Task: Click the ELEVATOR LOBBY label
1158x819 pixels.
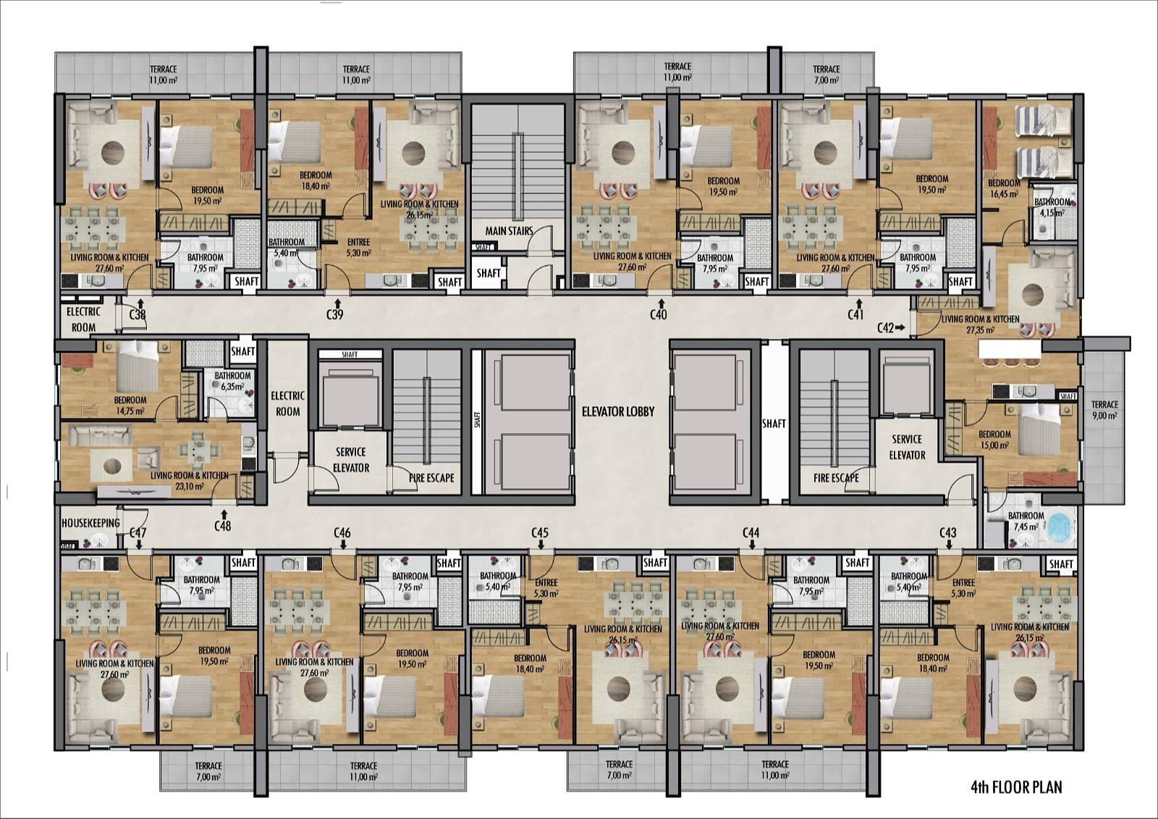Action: click(x=618, y=412)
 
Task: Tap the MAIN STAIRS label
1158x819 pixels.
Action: click(x=509, y=231)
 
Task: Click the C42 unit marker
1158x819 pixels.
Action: click(x=885, y=327)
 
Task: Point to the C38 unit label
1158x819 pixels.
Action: click(x=137, y=314)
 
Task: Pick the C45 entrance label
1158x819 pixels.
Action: click(x=540, y=533)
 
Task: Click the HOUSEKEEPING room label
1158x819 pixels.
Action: click(x=90, y=523)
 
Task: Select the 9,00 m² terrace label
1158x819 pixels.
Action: click(x=1104, y=410)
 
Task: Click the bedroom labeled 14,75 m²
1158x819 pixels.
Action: click(x=130, y=406)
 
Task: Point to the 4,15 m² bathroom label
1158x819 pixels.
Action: click(x=1052, y=207)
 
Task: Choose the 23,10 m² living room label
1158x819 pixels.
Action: click(x=189, y=481)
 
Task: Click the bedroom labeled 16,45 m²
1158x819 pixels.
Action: click(x=1004, y=188)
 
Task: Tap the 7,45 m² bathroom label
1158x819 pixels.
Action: click(x=1026, y=521)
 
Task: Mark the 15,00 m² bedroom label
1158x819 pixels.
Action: click(x=994, y=440)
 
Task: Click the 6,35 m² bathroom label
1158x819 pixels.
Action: click(x=232, y=381)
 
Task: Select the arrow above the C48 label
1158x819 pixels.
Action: click(x=224, y=513)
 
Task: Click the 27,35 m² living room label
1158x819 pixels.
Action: click(x=980, y=324)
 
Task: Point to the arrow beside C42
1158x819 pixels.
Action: click(x=900, y=327)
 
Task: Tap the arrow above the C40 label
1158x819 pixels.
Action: click(x=660, y=303)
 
